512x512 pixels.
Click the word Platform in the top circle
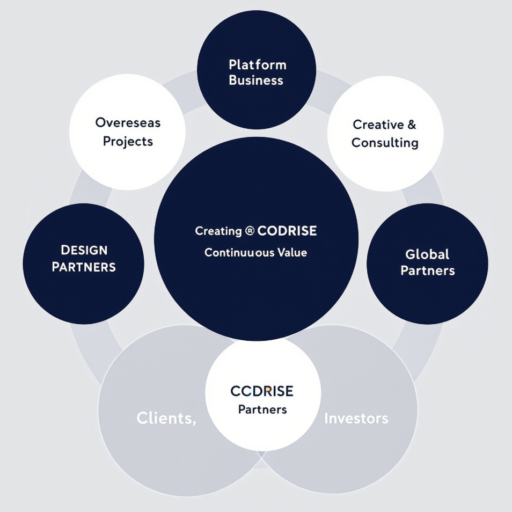tap(257, 65)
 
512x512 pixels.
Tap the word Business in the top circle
tap(256, 81)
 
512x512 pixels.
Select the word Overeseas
tap(128, 123)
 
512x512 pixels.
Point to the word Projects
tap(128, 142)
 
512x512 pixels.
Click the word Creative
tap(378, 125)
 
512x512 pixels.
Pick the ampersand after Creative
tap(412, 125)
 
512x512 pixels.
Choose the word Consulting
tap(385, 143)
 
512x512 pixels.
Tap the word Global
tap(427, 254)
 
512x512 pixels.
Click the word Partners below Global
tap(427, 270)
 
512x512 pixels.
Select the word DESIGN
tap(84, 250)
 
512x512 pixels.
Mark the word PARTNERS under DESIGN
tap(84, 267)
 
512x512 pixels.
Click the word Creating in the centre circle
tap(218, 231)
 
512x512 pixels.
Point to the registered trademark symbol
tap(250, 231)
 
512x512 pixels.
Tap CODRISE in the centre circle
tap(287, 231)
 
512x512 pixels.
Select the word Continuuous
tap(239, 252)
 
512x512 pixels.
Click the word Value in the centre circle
tap(292, 252)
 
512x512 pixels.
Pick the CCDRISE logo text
tap(262, 391)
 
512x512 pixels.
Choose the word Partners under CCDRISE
tap(262, 409)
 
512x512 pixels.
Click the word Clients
tap(166, 418)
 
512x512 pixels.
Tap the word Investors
tap(356, 418)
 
